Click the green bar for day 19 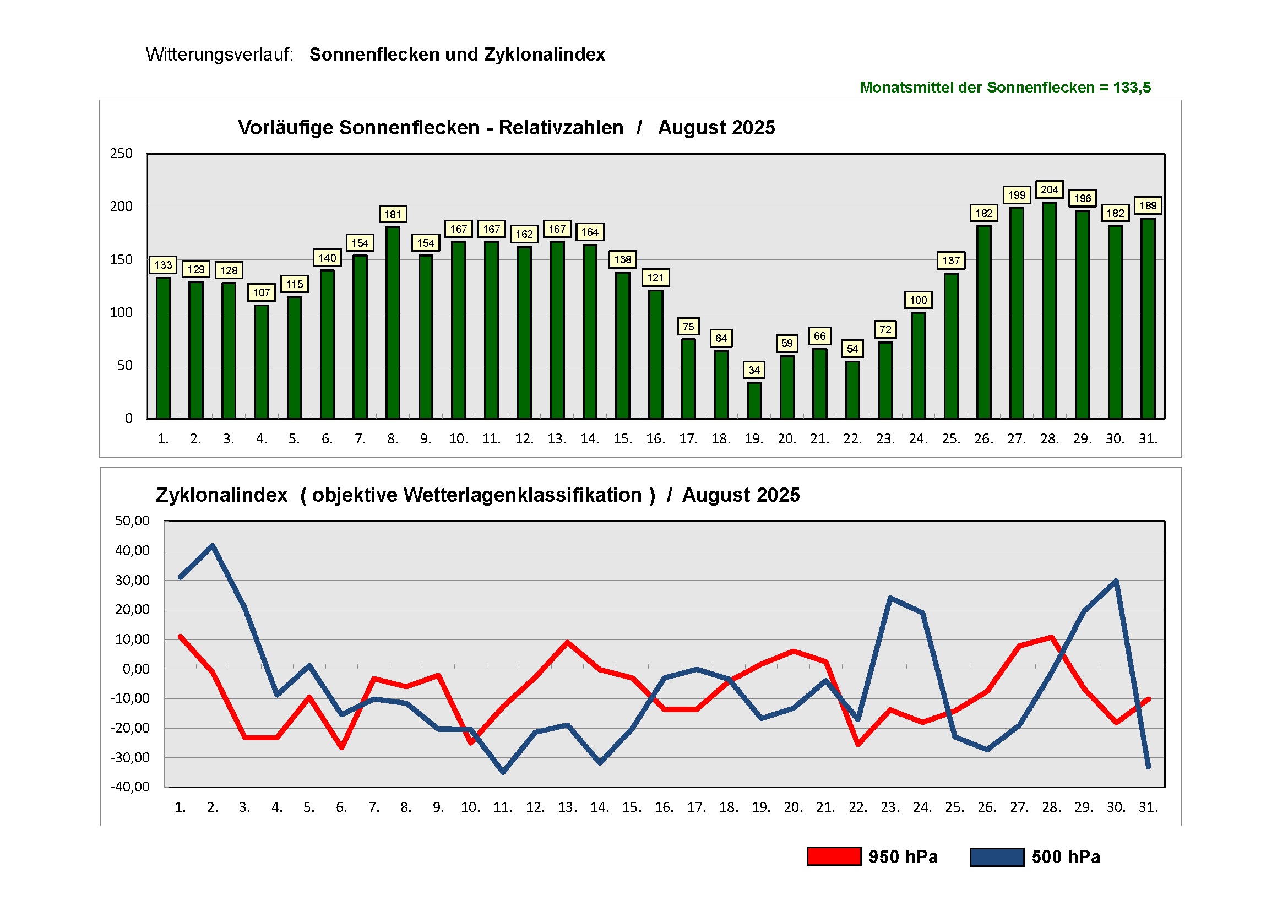754,400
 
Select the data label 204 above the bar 1049,189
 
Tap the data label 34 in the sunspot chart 754,370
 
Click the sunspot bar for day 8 393,323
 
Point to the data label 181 393,214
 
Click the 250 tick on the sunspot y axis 121,154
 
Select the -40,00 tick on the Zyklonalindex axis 130,787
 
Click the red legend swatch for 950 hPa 834,856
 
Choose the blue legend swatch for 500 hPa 997,857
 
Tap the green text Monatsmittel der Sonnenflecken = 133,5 1005,88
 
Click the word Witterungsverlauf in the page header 219,55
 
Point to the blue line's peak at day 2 213,545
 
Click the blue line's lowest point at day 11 503,772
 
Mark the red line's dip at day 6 341,748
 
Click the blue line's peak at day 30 1116,581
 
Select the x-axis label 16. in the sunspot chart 655,439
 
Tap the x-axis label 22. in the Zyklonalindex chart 858,807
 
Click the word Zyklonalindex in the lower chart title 221,495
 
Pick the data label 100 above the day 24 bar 919,300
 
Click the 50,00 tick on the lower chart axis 132,521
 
